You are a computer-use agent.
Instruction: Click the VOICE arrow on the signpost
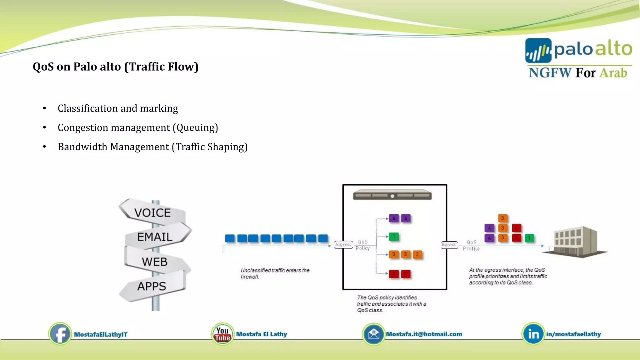152,213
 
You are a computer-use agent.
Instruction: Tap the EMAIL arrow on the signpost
155,237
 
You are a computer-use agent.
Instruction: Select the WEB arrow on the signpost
155,262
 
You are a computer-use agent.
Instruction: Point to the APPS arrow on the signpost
152,286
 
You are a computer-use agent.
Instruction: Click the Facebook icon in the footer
60,334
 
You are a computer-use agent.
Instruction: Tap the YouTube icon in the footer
222,334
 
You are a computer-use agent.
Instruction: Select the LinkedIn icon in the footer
533,334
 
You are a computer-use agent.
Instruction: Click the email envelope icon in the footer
373,334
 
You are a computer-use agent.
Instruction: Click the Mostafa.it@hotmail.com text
424,334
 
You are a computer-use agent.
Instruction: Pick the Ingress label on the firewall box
343,245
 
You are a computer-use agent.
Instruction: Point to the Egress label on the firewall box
449,245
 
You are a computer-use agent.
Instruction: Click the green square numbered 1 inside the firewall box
394,237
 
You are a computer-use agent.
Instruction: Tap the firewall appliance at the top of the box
392,195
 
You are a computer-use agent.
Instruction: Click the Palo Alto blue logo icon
538,51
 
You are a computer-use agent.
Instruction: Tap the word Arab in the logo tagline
613,73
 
